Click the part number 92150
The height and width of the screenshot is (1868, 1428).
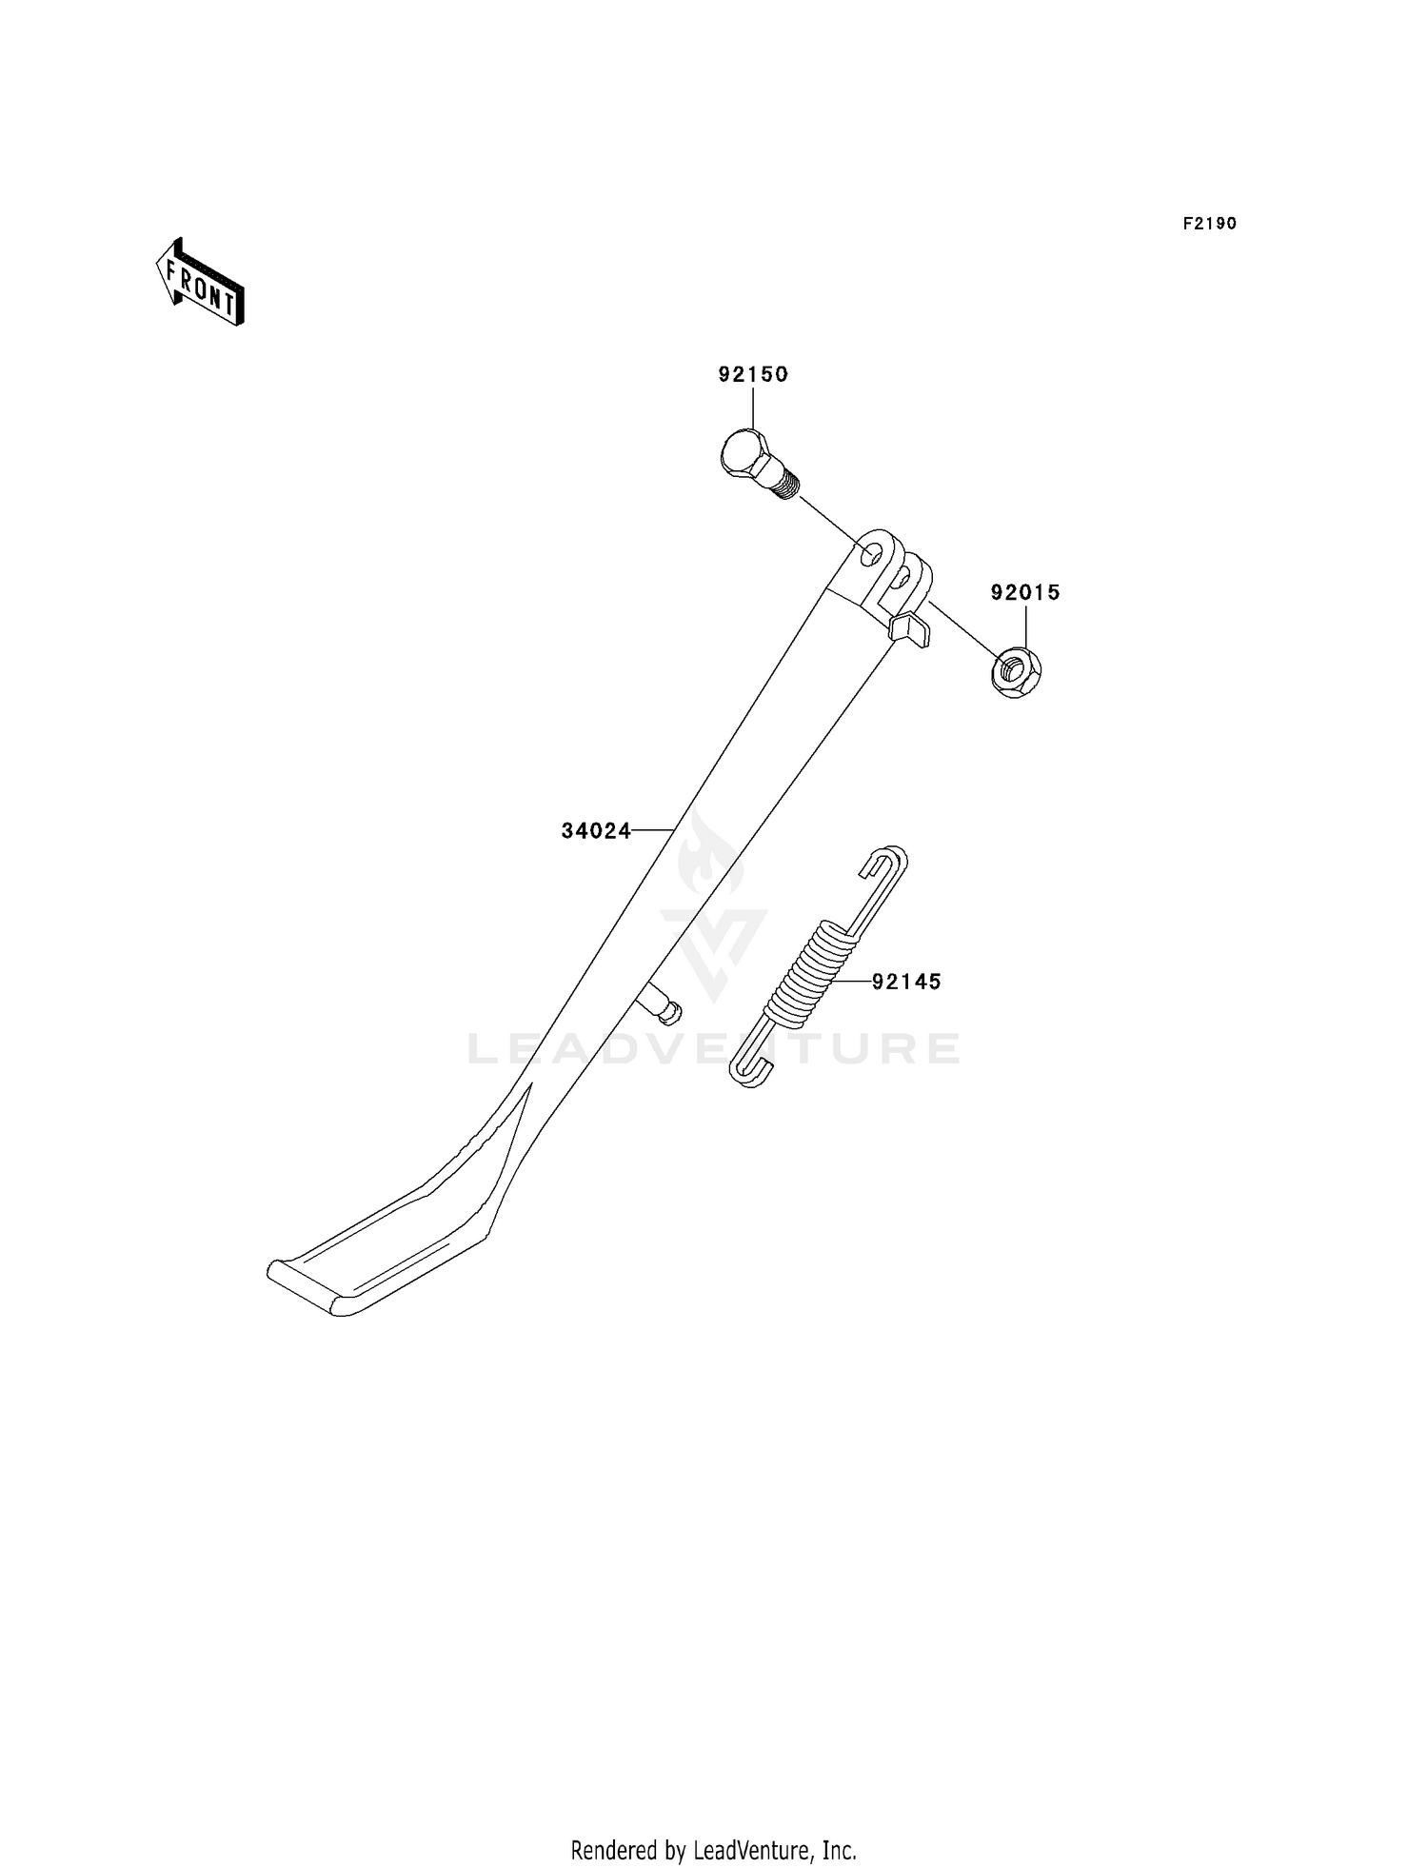pos(753,374)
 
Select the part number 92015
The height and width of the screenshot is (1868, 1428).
pos(1025,592)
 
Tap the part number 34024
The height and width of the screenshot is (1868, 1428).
pos(596,831)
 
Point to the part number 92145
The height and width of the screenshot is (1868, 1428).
pos(906,982)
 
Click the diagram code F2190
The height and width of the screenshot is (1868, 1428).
pos(1210,224)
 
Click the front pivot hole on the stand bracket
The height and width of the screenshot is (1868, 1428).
pos(869,554)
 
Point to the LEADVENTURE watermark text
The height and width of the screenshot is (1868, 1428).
pos(714,1048)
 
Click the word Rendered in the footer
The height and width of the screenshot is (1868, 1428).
pos(615,1851)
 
